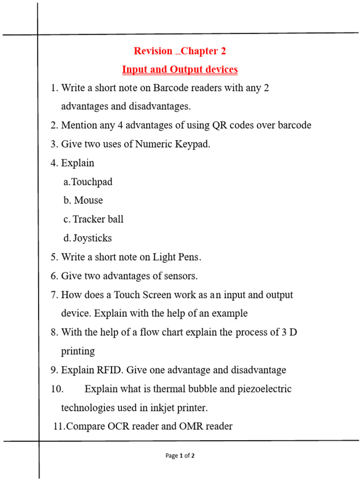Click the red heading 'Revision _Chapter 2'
pyautogui.click(x=180, y=51)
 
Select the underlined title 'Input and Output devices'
pyautogui.click(x=180, y=70)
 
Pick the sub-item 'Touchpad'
pyautogui.click(x=92, y=182)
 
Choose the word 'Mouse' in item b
pyautogui.click(x=89, y=201)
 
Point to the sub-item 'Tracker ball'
pyautogui.click(x=98, y=219)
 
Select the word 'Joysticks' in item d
pyautogui.click(x=92, y=238)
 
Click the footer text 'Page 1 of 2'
pyautogui.click(x=180, y=456)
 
